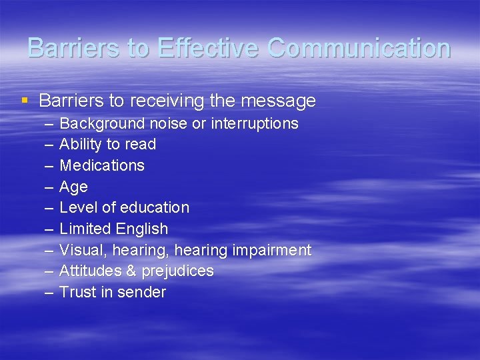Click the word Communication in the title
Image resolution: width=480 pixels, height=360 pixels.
click(x=359, y=48)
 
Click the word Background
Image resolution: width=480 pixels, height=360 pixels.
click(x=102, y=123)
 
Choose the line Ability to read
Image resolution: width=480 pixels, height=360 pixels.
click(x=107, y=144)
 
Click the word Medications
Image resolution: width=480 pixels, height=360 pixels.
click(x=102, y=165)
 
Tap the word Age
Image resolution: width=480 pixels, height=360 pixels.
click(x=73, y=187)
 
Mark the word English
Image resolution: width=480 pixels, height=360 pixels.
click(x=141, y=229)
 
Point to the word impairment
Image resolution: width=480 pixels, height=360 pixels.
click(x=271, y=250)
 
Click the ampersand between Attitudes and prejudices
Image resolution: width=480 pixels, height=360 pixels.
click(x=128, y=271)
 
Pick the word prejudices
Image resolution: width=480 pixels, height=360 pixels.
click(x=176, y=271)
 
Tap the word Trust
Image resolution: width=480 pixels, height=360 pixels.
click(x=77, y=292)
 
